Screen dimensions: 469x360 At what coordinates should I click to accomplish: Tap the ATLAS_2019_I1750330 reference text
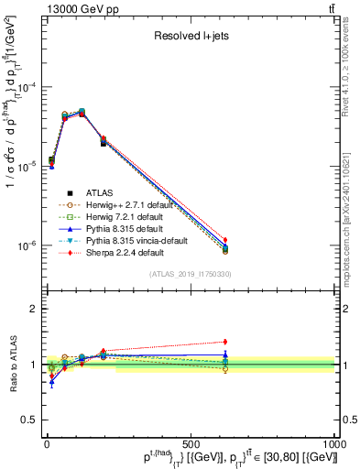click(191, 274)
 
